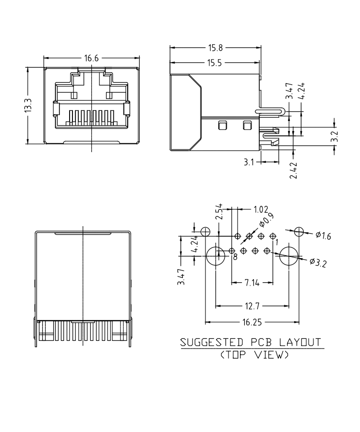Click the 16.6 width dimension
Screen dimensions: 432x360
click(91, 59)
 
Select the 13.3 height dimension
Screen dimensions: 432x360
click(28, 106)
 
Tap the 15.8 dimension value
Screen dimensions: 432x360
click(214, 48)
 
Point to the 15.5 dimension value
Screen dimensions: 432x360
click(214, 63)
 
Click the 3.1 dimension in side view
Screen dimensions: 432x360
click(249, 162)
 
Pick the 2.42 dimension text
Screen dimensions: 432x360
click(294, 170)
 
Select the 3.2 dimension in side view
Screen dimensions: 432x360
click(335, 137)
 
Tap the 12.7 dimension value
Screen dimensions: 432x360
click(252, 306)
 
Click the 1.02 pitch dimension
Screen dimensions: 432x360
click(260, 209)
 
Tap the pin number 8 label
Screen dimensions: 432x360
click(235, 257)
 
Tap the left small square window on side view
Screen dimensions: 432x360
click(222, 126)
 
